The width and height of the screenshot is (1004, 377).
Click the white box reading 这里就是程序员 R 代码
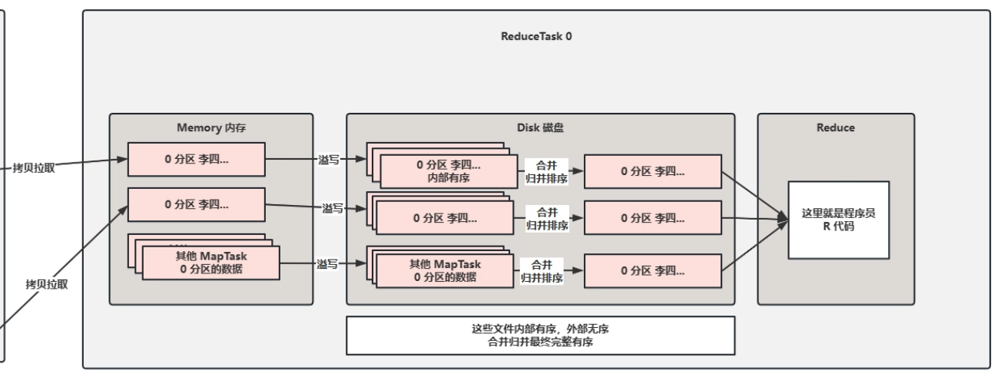tap(838, 219)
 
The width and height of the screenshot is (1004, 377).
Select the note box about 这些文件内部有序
tap(540, 336)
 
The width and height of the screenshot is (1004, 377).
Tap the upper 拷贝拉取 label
tap(34, 168)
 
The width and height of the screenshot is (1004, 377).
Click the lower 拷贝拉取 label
tap(47, 284)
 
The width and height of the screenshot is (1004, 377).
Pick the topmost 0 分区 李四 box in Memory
tap(196, 159)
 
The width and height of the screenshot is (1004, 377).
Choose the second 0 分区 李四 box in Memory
tap(196, 205)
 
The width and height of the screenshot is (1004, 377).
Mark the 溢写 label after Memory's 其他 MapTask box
tap(327, 264)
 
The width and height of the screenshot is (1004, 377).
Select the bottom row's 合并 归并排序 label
tap(542, 270)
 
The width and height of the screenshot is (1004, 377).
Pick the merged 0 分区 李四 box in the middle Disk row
tap(652, 217)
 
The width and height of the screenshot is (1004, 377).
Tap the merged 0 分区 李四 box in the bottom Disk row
tap(652, 271)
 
